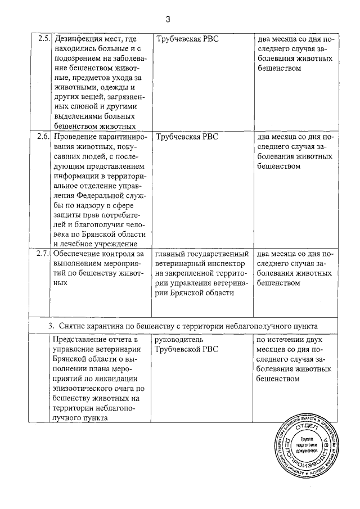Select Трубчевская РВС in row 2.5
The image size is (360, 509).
[187, 39]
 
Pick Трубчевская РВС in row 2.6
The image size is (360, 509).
[187, 137]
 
